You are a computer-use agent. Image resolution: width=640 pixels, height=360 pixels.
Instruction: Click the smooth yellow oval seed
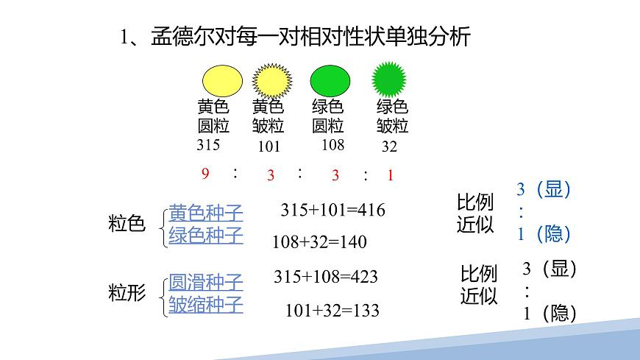(222, 81)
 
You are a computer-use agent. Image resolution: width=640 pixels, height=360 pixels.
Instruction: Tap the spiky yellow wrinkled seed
(272, 81)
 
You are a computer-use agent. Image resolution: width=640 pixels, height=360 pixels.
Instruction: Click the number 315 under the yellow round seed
(208, 145)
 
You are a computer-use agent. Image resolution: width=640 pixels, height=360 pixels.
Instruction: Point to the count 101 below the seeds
(269, 147)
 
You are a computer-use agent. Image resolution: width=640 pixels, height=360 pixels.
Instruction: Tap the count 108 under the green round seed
(333, 145)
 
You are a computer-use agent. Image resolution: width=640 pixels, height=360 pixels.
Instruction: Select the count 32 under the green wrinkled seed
(389, 147)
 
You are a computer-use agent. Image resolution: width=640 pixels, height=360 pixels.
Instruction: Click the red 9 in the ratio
(205, 174)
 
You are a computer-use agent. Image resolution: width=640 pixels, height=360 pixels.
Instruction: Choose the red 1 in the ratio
(391, 175)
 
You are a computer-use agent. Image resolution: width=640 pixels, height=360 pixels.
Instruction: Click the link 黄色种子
(206, 213)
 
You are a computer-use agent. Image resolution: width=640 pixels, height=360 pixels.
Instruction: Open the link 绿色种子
(206, 236)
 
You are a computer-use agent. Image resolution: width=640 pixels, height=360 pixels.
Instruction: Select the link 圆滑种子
(206, 282)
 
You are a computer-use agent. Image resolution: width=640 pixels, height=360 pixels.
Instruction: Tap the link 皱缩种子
(206, 304)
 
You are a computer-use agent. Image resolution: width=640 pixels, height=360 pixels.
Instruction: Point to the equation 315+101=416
(333, 211)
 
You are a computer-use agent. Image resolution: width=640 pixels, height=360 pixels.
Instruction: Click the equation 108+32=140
(319, 241)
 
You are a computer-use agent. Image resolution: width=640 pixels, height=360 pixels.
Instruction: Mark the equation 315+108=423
(325, 277)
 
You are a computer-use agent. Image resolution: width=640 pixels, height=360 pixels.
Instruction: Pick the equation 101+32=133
(333, 311)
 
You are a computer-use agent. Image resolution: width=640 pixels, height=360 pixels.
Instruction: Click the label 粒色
(127, 225)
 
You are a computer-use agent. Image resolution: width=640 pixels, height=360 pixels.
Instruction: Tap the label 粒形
(127, 293)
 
